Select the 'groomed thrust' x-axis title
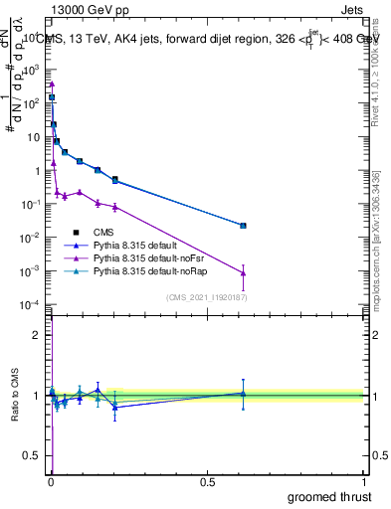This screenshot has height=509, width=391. tap(328, 495)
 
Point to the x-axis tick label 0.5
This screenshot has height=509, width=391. tap(207, 482)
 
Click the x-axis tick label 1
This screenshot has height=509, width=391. tap(363, 482)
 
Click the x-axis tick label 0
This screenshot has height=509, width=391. tap(51, 482)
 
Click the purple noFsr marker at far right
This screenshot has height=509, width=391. tap(243, 272)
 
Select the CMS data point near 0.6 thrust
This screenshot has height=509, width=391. tap(243, 226)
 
